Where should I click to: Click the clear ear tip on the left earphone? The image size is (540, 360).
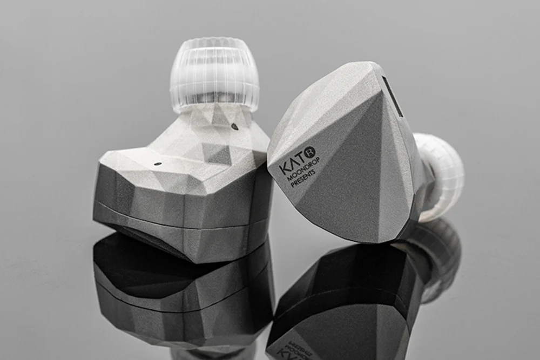pos(214,72)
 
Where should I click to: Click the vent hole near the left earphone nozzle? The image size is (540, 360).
pos(234,126)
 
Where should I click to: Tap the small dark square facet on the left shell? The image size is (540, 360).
pos(218,154)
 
